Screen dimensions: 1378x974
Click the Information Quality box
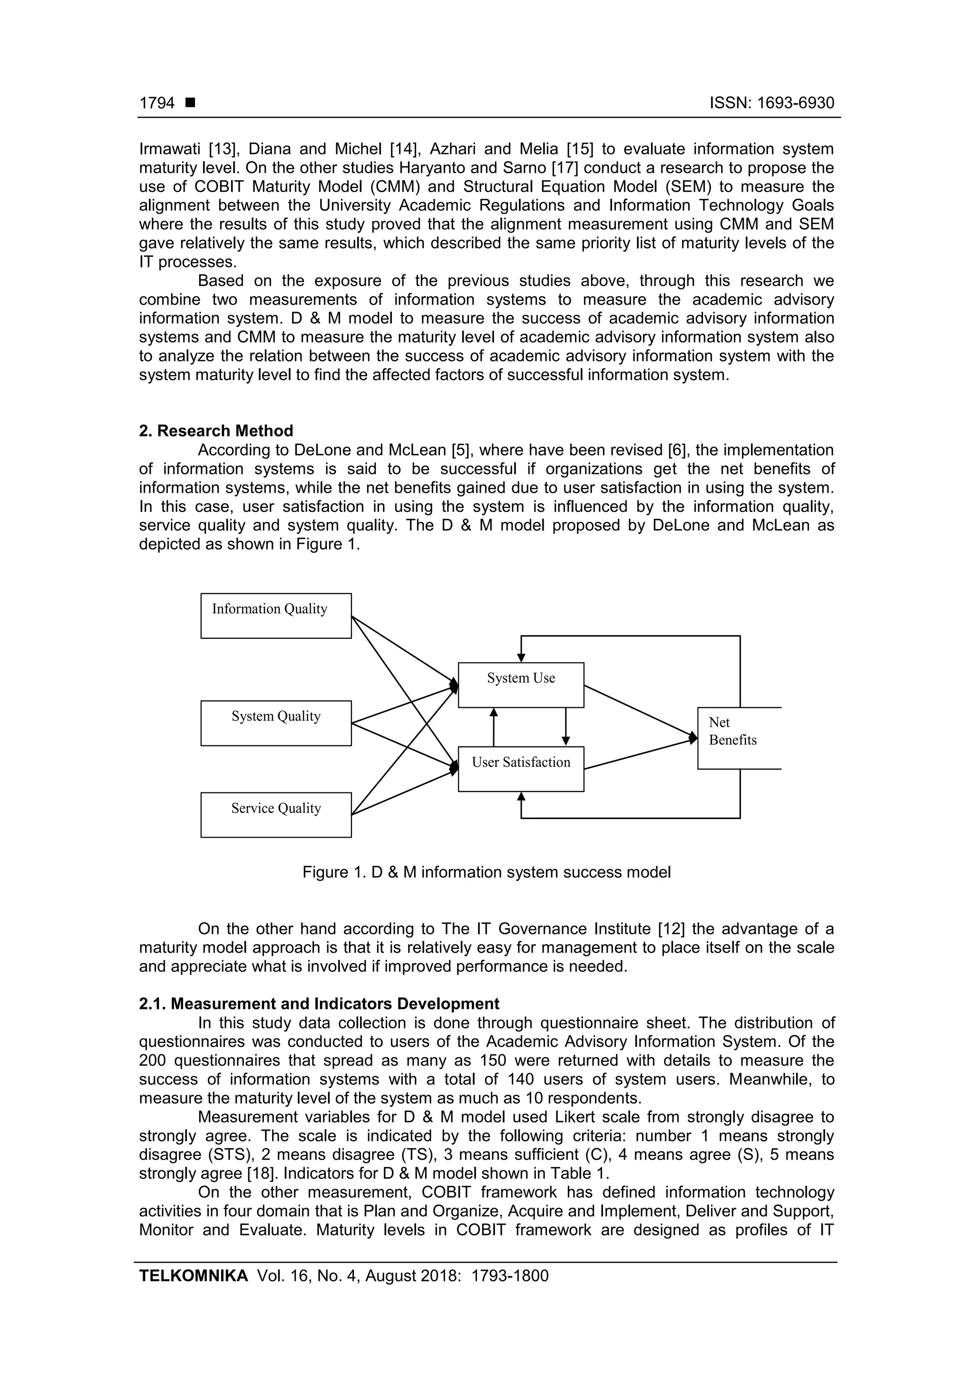coord(276,616)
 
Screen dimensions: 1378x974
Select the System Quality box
coord(276,723)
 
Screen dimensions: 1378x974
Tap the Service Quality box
coord(276,814)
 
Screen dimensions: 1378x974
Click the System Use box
coord(521,685)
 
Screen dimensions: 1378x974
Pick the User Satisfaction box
coord(521,769)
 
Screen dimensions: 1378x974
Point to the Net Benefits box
coord(739,738)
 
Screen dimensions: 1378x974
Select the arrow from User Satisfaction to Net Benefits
coord(640,754)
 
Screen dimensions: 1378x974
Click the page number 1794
coord(157,103)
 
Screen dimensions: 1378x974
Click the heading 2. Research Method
coord(216,431)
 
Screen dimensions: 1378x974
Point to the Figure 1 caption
coord(486,872)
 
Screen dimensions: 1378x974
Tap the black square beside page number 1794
coord(190,103)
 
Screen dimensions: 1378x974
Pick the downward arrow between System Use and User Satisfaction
coord(566,727)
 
